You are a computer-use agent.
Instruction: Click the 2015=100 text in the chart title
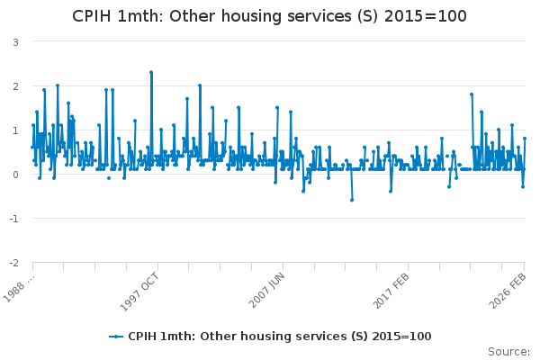[x=427, y=16]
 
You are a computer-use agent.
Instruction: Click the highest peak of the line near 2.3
[x=151, y=72]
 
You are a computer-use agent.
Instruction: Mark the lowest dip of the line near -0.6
[x=352, y=200]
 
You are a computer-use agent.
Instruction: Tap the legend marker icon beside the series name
[x=116, y=336]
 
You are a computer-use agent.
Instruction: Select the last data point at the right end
[x=525, y=139]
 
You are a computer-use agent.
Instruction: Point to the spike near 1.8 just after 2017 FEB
[x=472, y=94]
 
